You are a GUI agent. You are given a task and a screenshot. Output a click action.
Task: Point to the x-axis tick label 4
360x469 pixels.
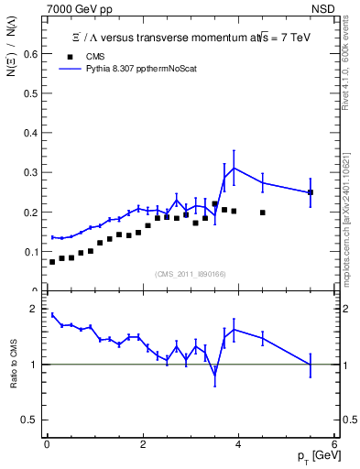[x=238, y=444]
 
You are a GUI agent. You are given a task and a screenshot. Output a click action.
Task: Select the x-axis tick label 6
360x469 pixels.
[x=334, y=444]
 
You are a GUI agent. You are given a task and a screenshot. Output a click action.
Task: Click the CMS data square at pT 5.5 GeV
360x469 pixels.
[x=311, y=192]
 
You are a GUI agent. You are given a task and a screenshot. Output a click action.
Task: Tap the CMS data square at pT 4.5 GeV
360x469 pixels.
[x=263, y=213]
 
